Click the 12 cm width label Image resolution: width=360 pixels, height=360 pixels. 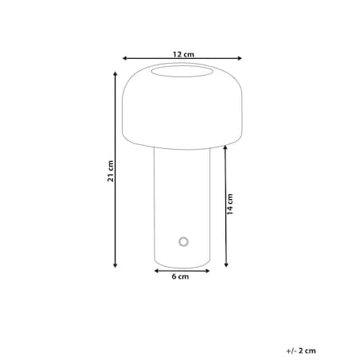tap(183, 54)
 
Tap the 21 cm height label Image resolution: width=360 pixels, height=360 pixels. tap(111, 171)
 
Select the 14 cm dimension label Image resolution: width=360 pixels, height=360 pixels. tap(230, 204)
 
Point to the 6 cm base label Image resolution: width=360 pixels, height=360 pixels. tap(180, 276)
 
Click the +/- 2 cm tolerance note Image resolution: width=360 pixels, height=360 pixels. tap(301, 350)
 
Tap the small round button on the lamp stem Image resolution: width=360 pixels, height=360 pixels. tap(183, 241)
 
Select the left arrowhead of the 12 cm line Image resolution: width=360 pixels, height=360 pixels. tap(124, 58)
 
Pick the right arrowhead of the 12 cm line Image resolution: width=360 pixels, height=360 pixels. tap(240, 58)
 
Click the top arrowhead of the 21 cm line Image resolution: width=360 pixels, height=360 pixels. tap(115, 74)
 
